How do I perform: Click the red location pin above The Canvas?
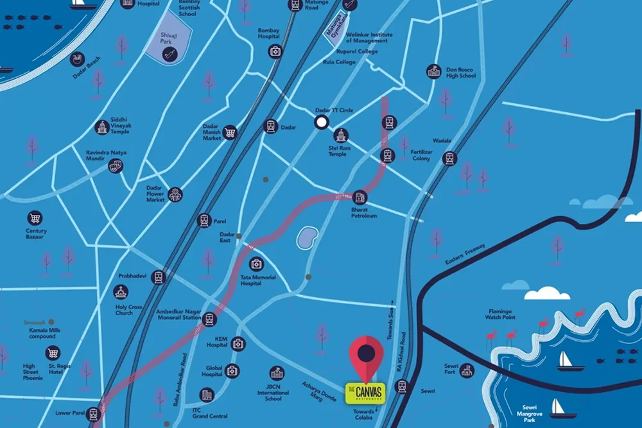click(366, 355)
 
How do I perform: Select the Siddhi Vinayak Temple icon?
click(101, 127)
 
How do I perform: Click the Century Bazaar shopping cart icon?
click(35, 218)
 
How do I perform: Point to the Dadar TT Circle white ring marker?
click(321, 122)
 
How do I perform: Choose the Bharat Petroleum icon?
click(360, 197)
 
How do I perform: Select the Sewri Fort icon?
click(467, 370)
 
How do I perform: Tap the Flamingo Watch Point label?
click(500, 314)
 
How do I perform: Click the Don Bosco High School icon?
click(434, 71)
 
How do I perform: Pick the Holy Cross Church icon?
click(120, 293)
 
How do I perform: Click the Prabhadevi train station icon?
click(159, 277)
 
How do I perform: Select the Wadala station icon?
click(449, 158)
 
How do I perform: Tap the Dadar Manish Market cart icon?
click(230, 133)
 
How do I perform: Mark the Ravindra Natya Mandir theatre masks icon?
click(115, 166)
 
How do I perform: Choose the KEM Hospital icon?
click(238, 344)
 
